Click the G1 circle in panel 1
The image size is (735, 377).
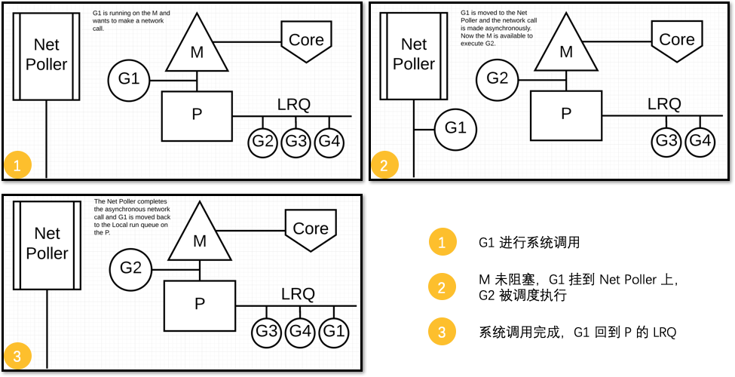click(130, 79)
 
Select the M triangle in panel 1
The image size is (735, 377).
click(197, 49)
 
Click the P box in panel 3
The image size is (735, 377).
click(200, 305)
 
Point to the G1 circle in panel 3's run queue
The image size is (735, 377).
click(334, 332)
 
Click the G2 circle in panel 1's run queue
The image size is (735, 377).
click(263, 142)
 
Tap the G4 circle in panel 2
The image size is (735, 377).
click(700, 141)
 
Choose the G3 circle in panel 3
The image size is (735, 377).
click(266, 332)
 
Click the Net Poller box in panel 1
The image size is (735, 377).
click(46, 55)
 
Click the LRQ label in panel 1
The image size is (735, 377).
click(293, 104)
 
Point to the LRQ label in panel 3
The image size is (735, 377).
click(298, 293)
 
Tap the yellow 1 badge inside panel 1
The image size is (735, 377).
click(17, 164)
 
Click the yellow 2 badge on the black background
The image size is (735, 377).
click(442, 287)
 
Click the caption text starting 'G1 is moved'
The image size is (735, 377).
click(498, 28)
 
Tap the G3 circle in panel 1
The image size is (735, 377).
click(296, 142)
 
